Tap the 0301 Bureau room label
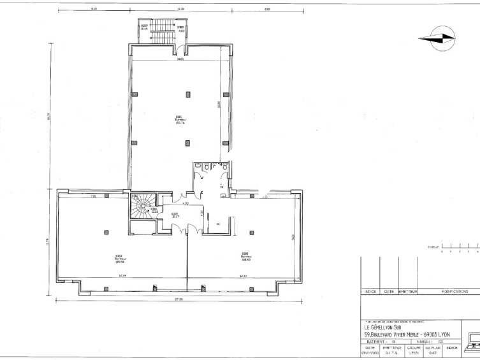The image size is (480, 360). pyautogui.click(x=179, y=119)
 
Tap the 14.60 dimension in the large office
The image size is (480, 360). pyautogui.click(x=180, y=60)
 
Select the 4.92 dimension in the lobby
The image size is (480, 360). pyautogui.click(x=185, y=204)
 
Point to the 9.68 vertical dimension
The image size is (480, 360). pyautogui.click(x=293, y=236)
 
